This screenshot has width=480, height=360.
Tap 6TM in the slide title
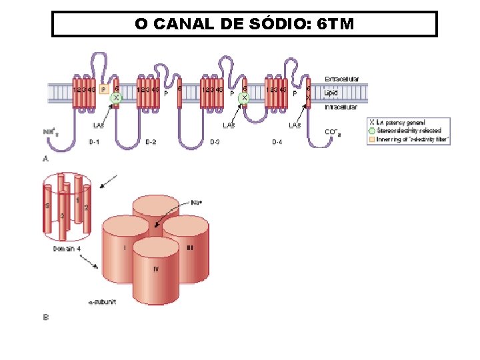336,25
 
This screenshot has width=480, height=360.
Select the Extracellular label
342,79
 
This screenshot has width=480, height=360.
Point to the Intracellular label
341,107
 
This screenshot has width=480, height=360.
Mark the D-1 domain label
95,141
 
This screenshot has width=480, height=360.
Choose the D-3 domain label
215,141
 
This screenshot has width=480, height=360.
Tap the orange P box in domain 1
103,89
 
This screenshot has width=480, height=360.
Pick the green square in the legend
372,131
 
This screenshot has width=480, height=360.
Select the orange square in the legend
372,139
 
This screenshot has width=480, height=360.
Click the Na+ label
197,203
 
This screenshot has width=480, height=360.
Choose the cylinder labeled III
189,247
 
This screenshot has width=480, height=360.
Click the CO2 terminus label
333,132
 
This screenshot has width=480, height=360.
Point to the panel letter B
45,317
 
